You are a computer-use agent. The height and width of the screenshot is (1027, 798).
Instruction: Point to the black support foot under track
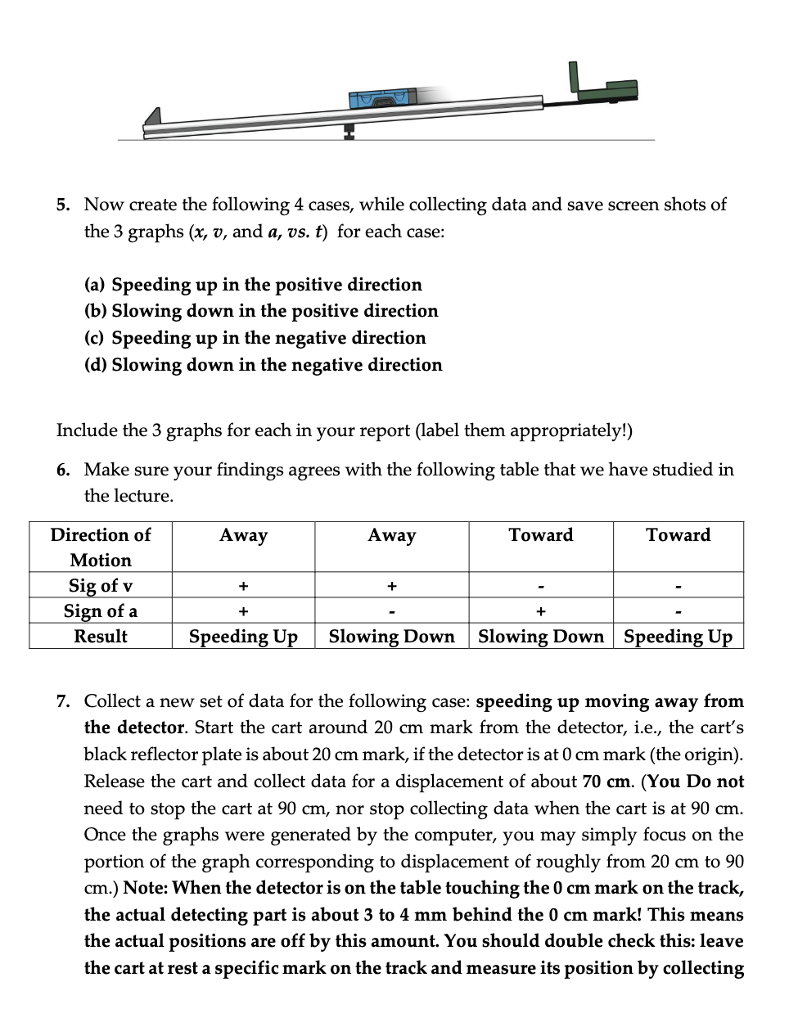pyautogui.click(x=349, y=131)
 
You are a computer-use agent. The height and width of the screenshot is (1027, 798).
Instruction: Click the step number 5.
pyautogui.click(x=64, y=205)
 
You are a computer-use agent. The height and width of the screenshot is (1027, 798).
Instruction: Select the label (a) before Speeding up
pyautogui.click(x=96, y=285)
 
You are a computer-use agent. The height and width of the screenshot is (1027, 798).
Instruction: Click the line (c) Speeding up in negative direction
pyautogui.click(x=255, y=338)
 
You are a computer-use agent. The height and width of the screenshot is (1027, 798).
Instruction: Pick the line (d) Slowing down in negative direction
pyautogui.click(x=264, y=365)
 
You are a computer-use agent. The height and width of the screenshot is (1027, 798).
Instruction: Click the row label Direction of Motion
pyautogui.click(x=101, y=547)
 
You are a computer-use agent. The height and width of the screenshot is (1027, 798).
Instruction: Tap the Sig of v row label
pyautogui.click(x=101, y=585)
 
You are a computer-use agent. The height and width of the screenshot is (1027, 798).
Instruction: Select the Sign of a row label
pyautogui.click(x=101, y=610)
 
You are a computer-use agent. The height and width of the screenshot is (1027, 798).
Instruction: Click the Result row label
pyautogui.click(x=101, y=636)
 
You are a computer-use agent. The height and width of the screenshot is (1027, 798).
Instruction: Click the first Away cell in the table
pyautogui.click(x=243, y=535)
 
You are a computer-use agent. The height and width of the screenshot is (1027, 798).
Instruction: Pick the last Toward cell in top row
pyautogui.click(x=678, y=535)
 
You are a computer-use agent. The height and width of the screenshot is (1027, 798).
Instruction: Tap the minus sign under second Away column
pyautogui.click(x=392, y=611)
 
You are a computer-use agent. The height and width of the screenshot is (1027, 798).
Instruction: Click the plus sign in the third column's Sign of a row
pyautogui.click(x=540, y=611)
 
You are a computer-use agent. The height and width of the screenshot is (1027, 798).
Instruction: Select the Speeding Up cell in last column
pyautogui.click(x=678, y=636)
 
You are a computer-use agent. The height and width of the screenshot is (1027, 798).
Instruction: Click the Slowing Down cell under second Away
pyautogui.click(x=391, y=636)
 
